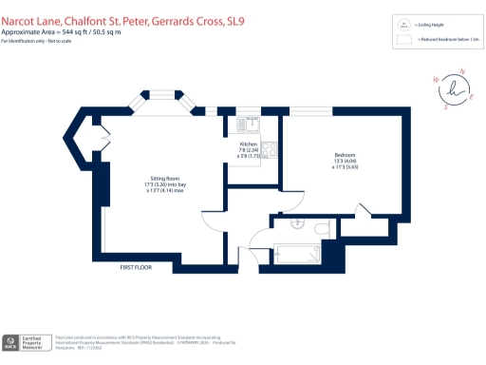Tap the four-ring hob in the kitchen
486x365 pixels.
click(271, 150)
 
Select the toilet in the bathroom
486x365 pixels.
click(319, 228)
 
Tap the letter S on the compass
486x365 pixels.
click(444, 107)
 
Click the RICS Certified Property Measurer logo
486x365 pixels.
click(26, 342)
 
